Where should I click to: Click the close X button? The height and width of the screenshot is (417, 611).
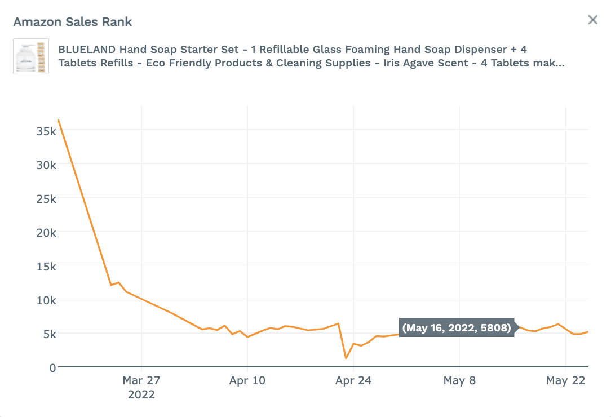point(592,20)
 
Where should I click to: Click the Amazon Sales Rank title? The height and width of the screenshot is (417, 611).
point(73,22)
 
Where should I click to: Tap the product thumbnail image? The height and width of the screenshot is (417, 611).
point(31,56)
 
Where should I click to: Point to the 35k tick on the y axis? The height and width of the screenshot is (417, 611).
point(46,131)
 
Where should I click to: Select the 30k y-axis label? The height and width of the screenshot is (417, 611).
point(46,165)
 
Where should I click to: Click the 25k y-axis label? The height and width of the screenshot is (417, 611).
point(46,198)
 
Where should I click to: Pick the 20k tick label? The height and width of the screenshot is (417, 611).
point(46,232)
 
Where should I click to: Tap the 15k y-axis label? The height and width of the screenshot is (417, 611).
point(46,266)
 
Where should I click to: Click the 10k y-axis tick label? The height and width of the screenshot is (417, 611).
point(46,300)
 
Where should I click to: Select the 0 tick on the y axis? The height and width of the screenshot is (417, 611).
point(53,367)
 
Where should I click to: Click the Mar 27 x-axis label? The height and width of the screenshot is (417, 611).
point(141,381)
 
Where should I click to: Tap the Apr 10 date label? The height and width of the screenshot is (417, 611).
point(247,381)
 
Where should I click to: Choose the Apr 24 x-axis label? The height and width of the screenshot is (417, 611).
point(353,381)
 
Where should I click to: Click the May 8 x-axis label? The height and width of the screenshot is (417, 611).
point(459,381)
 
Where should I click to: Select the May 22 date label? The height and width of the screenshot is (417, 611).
point(565,381)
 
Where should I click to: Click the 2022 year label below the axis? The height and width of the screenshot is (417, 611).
point(141,394)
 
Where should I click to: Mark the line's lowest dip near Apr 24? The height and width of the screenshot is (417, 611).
point(346,358)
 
